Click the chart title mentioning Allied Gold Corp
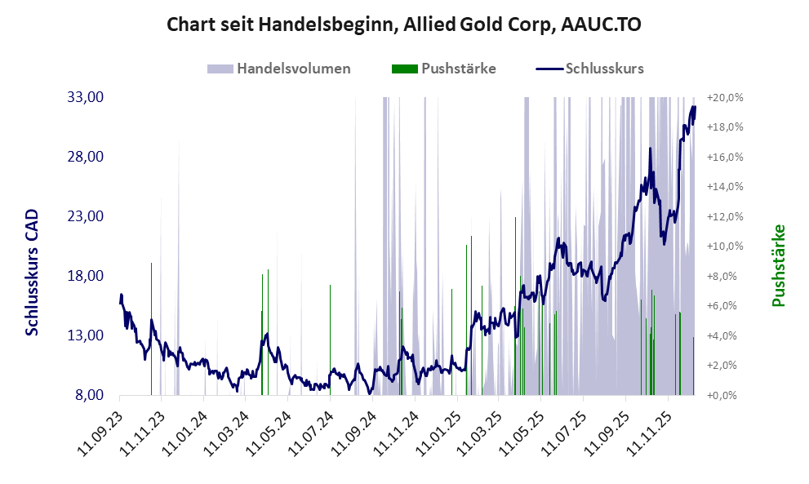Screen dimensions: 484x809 (x=403, y=24)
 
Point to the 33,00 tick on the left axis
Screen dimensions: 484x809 (x=85, y=97)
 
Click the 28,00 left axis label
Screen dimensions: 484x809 (x=85, y=157)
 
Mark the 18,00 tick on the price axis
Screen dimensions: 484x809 (x=85, y=276)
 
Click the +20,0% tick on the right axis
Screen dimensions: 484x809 (x=725, y=97)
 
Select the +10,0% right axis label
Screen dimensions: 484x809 (x=725, y=246)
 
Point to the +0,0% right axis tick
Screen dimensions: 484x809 (x=725, y=395)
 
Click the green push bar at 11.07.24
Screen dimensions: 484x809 (x=330, y=343)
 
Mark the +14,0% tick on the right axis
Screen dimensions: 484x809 (x=725, y=186)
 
